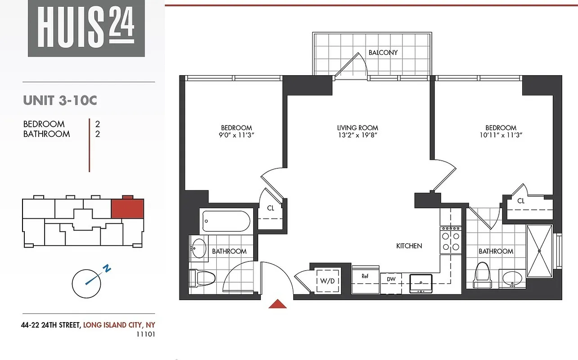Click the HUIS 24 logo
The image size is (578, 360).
coord(86,28)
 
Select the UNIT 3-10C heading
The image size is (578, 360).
coord(60,100)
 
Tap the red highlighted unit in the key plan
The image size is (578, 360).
coord(127,209)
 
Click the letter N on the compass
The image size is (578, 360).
coord(107,269)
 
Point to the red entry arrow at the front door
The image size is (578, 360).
coord(278,304)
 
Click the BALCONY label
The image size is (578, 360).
coord(383,53)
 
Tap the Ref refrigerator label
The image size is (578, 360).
coord(365,276)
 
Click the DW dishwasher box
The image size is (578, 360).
coord(391,279)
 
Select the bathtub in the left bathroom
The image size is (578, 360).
coord(226,221)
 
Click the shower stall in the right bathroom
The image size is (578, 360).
coord(539,251)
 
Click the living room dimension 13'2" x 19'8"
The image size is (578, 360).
coord(358,135)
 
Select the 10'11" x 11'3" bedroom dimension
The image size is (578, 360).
coord(501,135)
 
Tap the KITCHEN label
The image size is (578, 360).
coord(409,246)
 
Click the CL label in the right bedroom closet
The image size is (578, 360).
coord(520,201)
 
